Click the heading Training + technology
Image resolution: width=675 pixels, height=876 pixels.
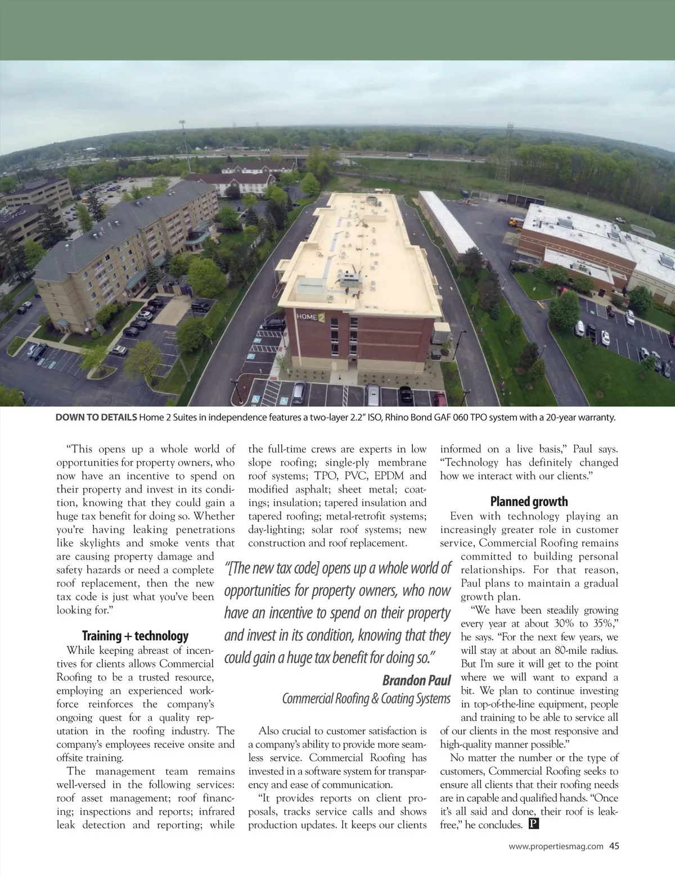(135, 636)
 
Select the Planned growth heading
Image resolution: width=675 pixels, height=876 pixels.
(529, 502)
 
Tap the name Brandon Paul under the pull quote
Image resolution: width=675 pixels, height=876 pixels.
(416, 681)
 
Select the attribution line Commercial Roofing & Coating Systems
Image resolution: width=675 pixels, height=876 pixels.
(366, 699)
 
